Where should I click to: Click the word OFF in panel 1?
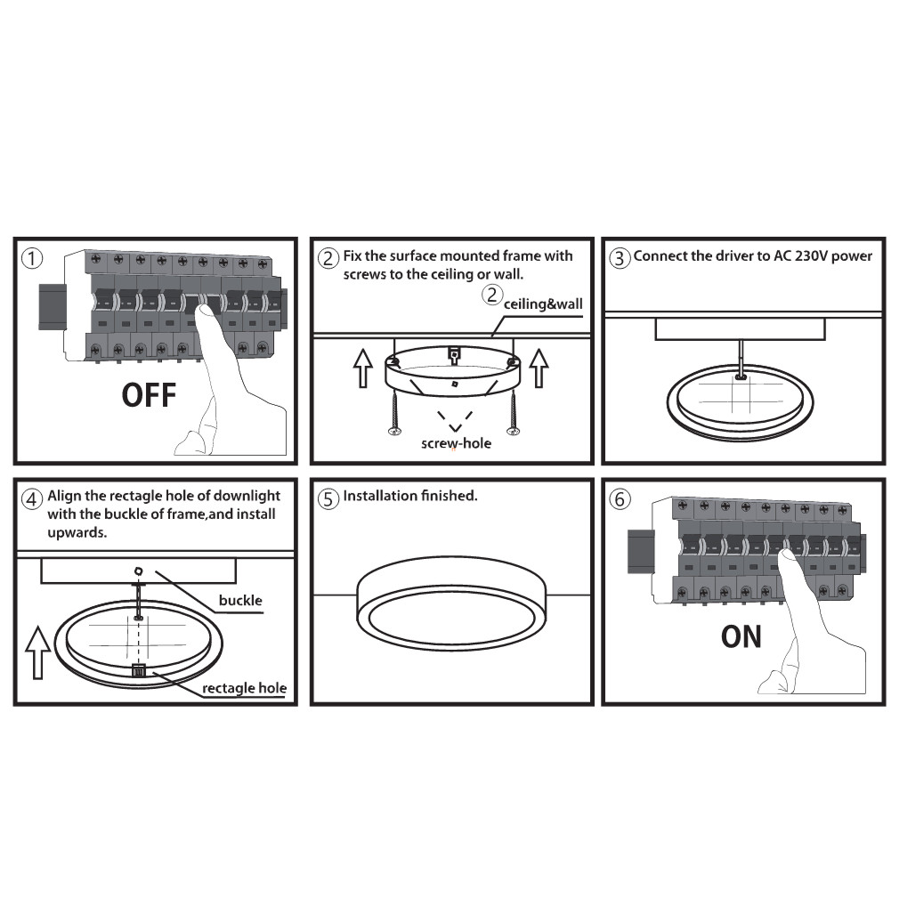(149, 395)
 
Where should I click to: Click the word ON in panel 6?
(741, 636)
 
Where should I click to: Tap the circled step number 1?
(32, 259)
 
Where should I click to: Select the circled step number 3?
(620, 258)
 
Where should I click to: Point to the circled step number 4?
(32, 498)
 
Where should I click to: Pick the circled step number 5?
(328, 498)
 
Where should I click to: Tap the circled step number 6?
(620, 498)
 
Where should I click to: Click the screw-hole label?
(456, 443)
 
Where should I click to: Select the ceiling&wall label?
(543, 304)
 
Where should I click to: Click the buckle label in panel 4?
(240, 600)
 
